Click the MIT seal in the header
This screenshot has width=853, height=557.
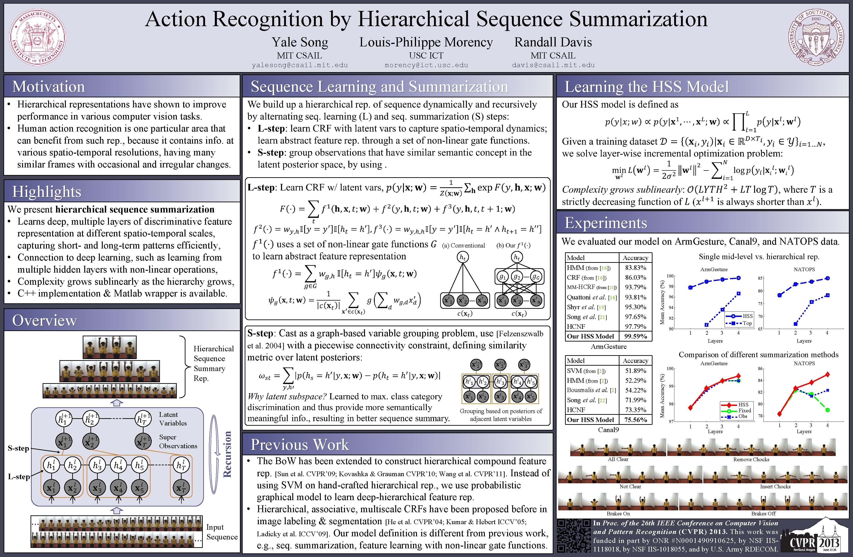[37, 37]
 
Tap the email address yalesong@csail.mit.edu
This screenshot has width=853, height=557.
[300, 65]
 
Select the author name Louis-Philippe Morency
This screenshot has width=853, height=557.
[426, 42]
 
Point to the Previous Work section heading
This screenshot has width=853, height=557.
[300, 445]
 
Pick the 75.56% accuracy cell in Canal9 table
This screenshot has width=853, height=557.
[635, 420]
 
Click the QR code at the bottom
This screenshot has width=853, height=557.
[573, 536]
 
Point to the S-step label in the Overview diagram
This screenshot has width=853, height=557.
[18, 448]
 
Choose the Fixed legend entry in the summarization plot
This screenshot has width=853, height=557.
[744, 411]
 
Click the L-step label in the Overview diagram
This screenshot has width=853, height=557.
[19, 477]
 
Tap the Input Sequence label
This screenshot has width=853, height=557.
[221, 532]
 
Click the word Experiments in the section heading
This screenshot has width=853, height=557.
[606, 223]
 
